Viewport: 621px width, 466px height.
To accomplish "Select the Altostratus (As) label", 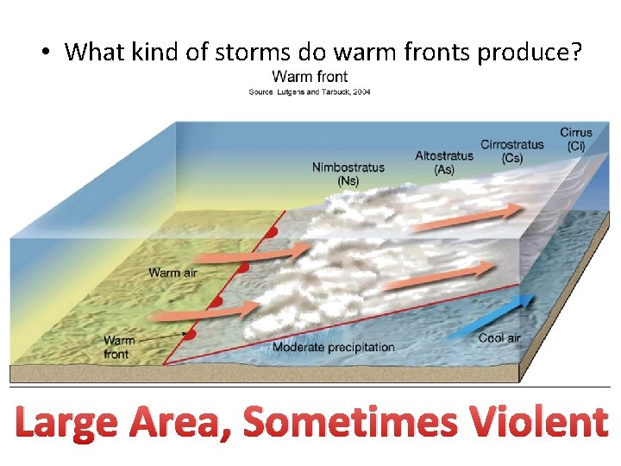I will coord(444,162).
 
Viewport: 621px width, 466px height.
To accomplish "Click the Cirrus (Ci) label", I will coord(576,139).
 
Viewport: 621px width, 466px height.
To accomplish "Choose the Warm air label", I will coord(177,274).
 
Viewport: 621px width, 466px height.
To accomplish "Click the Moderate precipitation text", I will coord(333,348).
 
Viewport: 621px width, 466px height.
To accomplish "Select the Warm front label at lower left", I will coord(117,348).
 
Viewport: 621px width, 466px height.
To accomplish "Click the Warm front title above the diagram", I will coord(310,77).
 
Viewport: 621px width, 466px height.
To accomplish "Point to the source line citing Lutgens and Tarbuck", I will coord(310,91).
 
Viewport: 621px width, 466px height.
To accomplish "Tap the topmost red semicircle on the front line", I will coord(273,233).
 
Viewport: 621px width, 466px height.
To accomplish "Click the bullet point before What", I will coord(42,53).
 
